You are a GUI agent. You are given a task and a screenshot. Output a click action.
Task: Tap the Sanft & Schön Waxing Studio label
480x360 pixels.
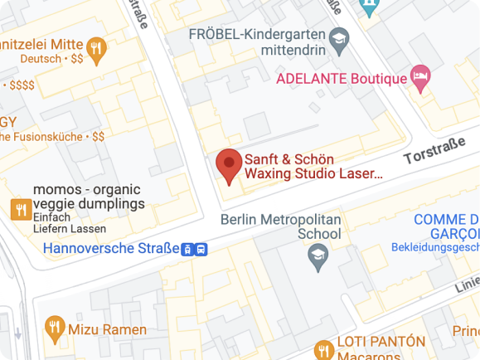tap(313, 166)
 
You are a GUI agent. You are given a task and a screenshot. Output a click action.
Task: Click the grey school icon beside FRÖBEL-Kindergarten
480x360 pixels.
tap(338, 38)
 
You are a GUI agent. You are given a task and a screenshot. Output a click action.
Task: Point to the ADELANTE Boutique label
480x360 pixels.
tap(342, 79)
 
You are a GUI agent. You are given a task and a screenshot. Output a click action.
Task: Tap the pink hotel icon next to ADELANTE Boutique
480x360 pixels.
tap(421, 78)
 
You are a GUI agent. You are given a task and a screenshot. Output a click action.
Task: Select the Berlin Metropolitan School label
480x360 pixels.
tap(281, 226)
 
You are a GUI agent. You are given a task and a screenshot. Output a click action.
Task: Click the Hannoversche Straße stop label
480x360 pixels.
tap(111, 248)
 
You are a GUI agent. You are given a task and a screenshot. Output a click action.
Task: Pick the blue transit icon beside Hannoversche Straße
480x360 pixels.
tap(195, 249)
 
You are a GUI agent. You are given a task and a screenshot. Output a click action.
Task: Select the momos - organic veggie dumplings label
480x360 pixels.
tap(89, 196)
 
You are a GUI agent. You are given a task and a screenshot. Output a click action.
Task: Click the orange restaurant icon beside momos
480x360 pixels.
tap(19, 209)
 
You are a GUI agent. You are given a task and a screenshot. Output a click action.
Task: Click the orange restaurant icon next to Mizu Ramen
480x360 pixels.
tap(55, 328)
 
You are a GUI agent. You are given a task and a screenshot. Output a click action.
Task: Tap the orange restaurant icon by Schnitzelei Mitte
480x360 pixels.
tap(97, 50)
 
